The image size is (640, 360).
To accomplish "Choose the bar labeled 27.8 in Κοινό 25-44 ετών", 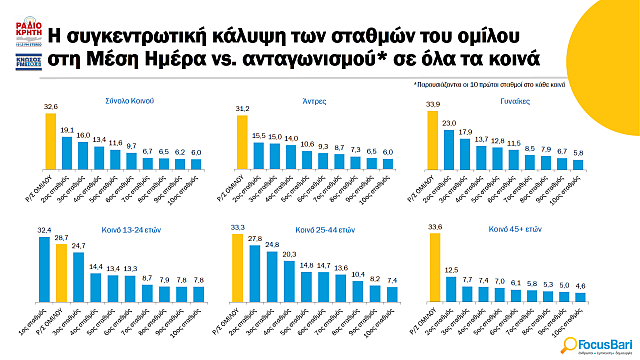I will point(254,272).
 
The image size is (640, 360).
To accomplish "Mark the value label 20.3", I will point(289,254).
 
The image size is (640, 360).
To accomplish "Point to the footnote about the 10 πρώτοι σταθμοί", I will point(540,86).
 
